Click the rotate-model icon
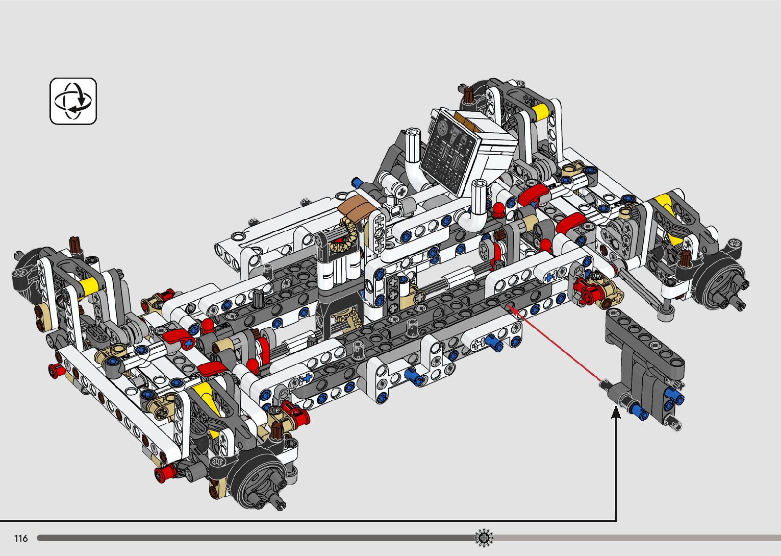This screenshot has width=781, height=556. tap(73, 101)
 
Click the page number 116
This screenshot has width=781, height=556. tap(21, 538)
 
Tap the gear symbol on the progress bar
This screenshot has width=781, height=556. tap(484, 538)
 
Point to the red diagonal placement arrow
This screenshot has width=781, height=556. tap(555, 344)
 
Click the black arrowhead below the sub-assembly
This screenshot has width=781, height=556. tap(616, 412)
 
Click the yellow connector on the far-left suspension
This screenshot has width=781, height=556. tap(89, 286)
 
